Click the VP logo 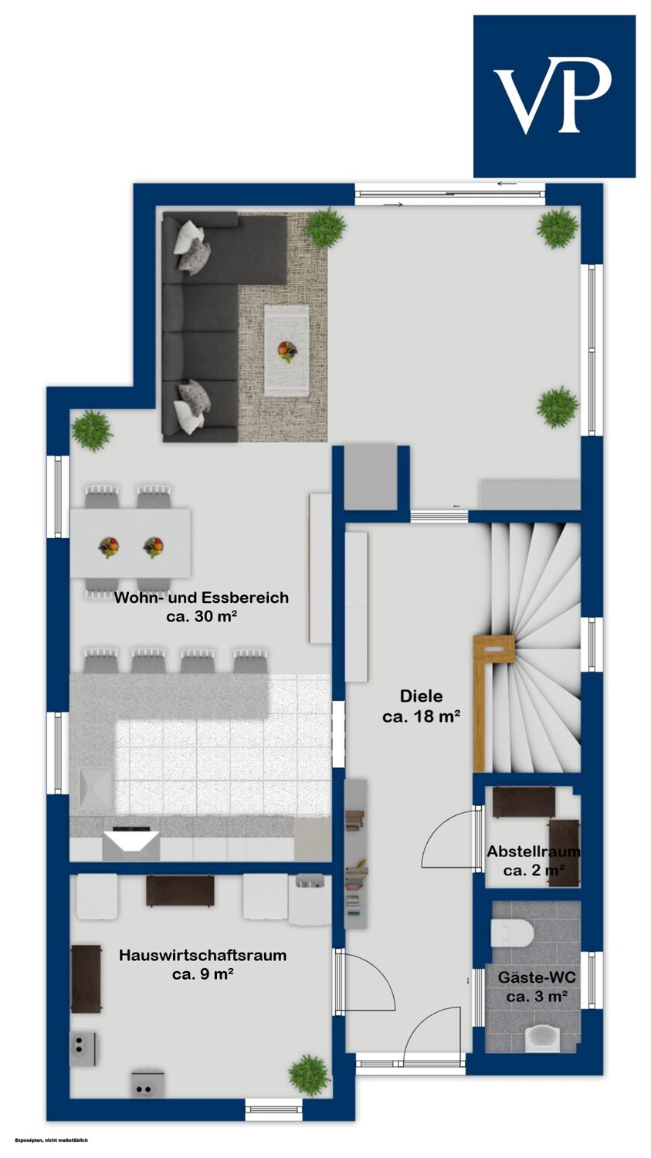554,96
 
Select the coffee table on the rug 287,350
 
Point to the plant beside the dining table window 92,431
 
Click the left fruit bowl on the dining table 109,547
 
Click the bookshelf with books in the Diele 356,854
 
